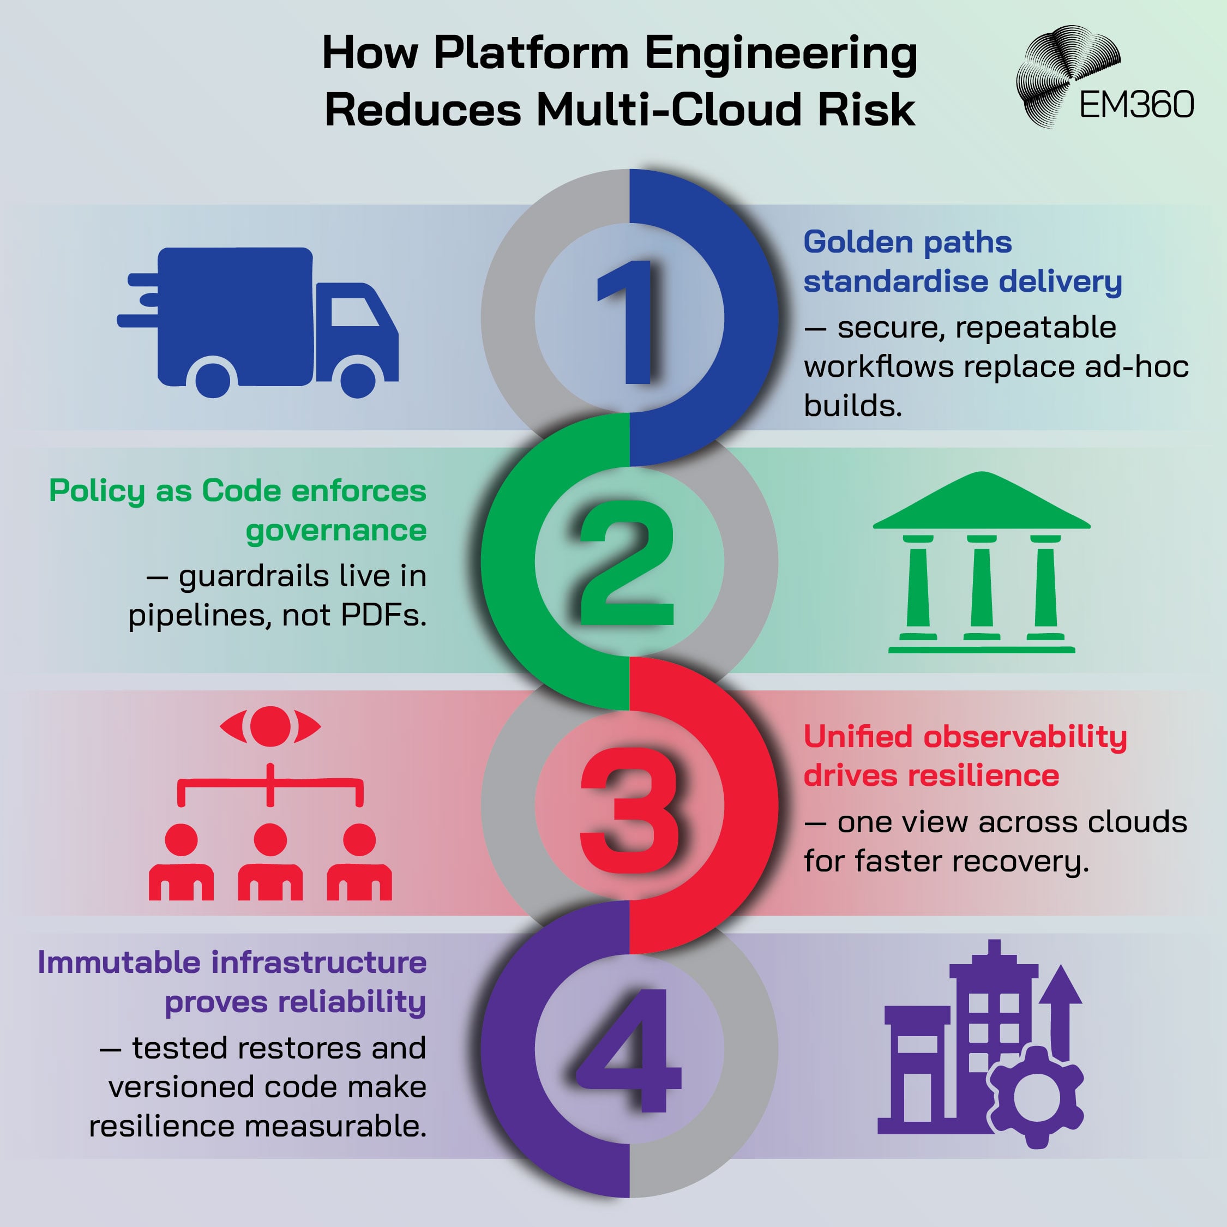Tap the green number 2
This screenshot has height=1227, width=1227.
click(x=626, y=563)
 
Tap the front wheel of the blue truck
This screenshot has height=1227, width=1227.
click(x=358, y=378)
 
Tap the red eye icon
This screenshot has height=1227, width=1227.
click(x=270, y=726)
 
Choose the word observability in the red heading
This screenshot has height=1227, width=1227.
click(x=1025, y=737)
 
